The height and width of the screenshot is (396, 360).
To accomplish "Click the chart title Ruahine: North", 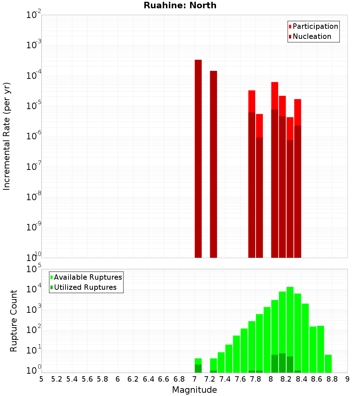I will pyautogui.click(x=180, y=5).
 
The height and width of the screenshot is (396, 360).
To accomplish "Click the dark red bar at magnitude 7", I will pyautogui.click(x=198, y=158).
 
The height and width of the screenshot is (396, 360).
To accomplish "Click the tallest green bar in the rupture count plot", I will pyautogui.click(x=290, y=324).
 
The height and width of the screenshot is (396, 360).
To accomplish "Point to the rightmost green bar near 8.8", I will pyautogui.click(x=328, y=364).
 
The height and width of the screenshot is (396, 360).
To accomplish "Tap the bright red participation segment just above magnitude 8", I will pyautogui.click(x=275, y=95).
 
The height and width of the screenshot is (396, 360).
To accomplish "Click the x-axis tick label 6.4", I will pyautogui.click(x=148, y=379).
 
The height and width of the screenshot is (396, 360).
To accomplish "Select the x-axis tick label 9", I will pyautogui.click(x=347, y=379).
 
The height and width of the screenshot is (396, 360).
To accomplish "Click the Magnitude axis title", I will pyautogui.click(x=194, y=390).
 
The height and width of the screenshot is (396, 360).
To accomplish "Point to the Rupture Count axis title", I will pyautogui.click(x=14, y=320).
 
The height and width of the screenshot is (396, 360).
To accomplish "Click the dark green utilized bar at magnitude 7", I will pyautogui.click(x=198, y=369).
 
